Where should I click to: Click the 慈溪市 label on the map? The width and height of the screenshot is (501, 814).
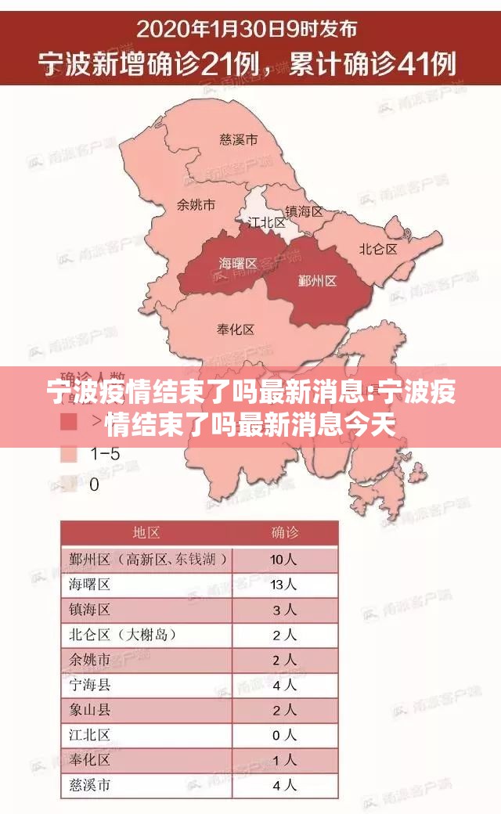click(238, 141)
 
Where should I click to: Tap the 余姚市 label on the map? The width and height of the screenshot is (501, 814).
click(196, 205)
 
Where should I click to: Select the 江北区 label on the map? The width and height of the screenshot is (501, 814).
click(267, 222)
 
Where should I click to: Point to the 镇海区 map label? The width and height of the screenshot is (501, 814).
click(304, 211)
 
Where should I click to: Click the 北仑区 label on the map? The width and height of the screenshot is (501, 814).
click(378, 249)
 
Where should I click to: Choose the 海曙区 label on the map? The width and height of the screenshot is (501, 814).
click(238, 264)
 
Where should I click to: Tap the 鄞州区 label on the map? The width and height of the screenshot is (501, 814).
click(317, 280)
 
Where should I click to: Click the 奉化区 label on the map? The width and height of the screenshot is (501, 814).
click(235, 330)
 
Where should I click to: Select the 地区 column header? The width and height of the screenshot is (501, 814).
click(146, 533)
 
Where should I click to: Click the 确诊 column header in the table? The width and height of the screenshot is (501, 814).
click(285, 533)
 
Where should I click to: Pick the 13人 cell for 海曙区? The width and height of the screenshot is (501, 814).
click(283, 584)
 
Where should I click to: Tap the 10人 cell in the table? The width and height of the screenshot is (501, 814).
click(283, 559)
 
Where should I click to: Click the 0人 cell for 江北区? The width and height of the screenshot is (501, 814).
click(283, 734)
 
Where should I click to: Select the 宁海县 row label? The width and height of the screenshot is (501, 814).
click(90, 684)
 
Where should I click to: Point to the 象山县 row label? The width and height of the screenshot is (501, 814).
click(90, 709)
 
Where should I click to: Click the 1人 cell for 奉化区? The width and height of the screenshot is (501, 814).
click(283, 759)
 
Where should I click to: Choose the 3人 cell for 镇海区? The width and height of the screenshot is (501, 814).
click(283, 609)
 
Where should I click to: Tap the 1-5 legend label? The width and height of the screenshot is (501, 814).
click(105, 453)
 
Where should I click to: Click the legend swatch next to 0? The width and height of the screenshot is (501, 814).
click(69, 484)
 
